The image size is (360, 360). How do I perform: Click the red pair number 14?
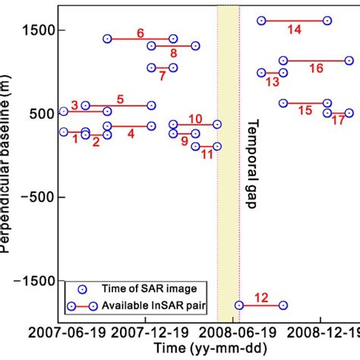[294, 30]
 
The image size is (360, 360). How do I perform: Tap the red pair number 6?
[141, 33]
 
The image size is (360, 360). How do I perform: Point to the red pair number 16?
[316, 68]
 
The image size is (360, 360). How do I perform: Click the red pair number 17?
[338, 121]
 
